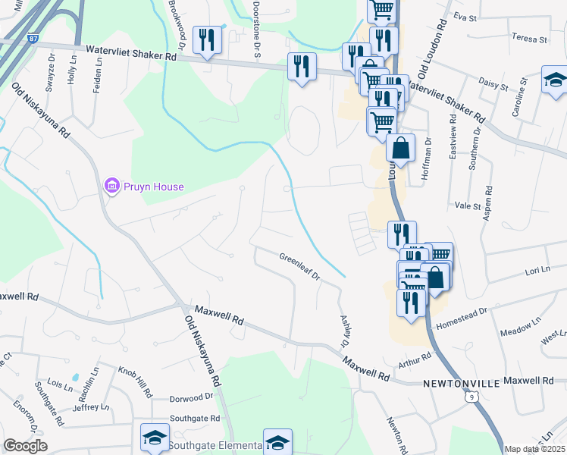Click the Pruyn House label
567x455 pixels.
tap(155, 187)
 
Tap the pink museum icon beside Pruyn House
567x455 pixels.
tap(111, 186)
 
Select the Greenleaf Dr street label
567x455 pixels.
tap(300, 266)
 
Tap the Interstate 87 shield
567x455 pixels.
tap(31, 36)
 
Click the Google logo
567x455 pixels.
tap(25, 446)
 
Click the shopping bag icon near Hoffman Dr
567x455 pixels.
tap(400, 149)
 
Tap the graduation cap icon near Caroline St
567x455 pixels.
tap(555, 80)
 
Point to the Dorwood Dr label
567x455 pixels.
tap(192, 397)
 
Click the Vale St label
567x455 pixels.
tap(468, 206)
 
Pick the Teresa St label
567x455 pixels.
tap(529, 38)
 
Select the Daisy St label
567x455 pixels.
tap(493, 86)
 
